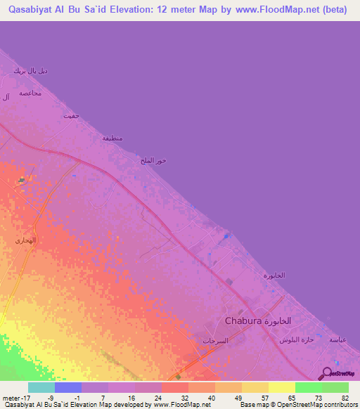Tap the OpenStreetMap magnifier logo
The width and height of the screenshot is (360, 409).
(x=326, y=374)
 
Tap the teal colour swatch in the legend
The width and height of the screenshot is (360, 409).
(x=41, y=387)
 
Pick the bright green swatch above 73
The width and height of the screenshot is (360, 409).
(x=308, y=387)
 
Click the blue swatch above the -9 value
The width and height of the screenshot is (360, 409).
(x=68, y=387)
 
